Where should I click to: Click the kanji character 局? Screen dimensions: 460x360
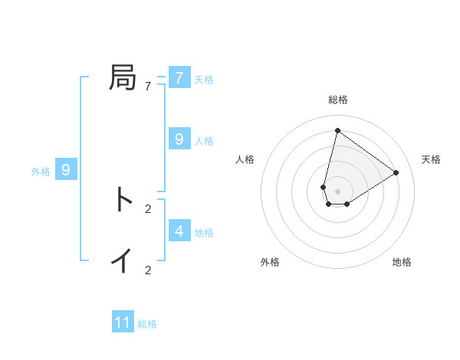(123, 78)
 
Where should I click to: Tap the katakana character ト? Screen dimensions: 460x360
(123, 200)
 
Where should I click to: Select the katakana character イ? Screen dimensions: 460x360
(123, 260)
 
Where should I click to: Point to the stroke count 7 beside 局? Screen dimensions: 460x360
(148, 87)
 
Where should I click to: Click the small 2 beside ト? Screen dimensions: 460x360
(148, 208)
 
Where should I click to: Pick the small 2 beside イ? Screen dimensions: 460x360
(148, 270)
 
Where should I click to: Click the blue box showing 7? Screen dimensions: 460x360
(179, 78)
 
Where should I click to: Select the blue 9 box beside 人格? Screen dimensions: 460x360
(179, 139)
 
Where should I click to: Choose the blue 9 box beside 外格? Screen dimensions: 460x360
(66, 170)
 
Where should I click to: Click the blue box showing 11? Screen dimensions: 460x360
(123, 322)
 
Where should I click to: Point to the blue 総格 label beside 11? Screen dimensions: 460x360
(147, 324)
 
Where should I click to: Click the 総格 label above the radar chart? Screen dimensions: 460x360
(338, 100)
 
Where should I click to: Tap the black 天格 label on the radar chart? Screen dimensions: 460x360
(431, 159)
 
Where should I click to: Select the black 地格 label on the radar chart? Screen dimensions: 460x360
(402, 262)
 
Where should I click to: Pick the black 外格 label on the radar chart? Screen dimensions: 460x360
(270, 262)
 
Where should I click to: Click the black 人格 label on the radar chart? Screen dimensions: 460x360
(245, 159)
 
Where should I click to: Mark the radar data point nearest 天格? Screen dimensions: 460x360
(396, 172)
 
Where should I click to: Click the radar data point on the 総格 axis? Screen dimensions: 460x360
(337, 130)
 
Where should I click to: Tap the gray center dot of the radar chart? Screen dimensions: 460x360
(337, 191)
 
